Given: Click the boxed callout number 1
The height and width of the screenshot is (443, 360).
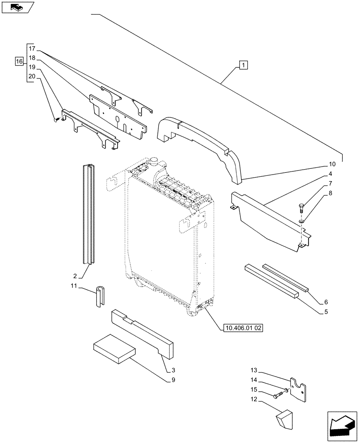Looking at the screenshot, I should (243, 66).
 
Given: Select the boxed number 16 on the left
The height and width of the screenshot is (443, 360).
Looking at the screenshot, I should (19, 62).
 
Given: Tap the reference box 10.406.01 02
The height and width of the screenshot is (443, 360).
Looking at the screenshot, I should (244, 328).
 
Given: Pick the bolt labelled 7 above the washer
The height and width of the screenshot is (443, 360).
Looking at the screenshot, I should (301, 206).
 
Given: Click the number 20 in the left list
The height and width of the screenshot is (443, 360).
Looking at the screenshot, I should (31, 76).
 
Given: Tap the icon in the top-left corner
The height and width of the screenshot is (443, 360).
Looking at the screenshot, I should (18, 7).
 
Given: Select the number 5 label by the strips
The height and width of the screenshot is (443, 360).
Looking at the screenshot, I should (326, 312).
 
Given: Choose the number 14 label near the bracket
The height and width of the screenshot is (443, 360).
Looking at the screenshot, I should (266, 381).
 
